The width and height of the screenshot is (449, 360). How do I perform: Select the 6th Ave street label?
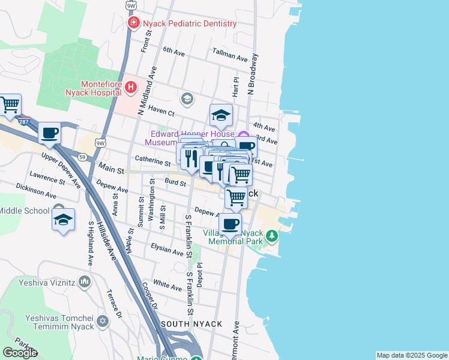tap(174, 52)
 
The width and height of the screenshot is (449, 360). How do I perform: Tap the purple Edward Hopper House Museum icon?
tap(243, 135)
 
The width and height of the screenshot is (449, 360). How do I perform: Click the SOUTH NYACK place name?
tap(191, 324)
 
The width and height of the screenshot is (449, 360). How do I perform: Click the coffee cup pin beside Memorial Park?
tap(229, 224)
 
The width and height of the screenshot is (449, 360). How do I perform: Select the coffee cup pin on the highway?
tap(50, 133)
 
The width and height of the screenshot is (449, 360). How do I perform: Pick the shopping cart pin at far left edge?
tap(10, 105)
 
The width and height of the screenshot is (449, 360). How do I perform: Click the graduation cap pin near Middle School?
tap(63, 220)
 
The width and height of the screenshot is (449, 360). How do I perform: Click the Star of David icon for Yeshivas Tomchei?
tap(103, 322)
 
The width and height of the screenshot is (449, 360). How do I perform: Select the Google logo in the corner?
tap(20, 353)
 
